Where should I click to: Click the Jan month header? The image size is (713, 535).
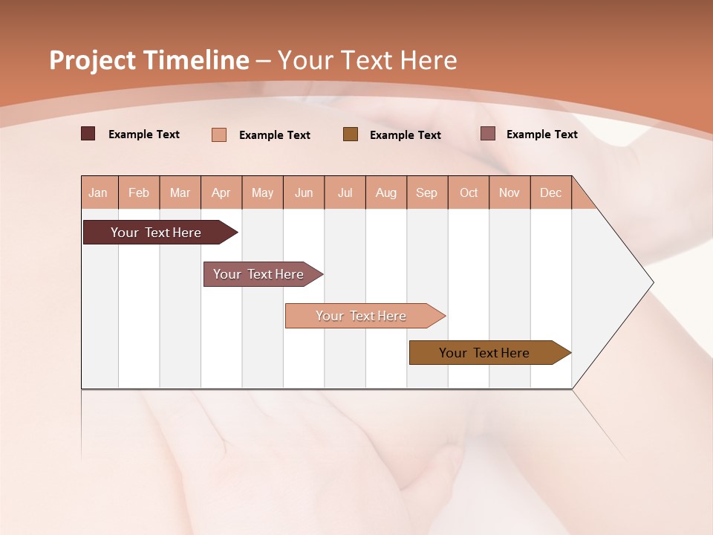point(98,192)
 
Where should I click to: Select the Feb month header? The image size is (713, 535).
point(139,192)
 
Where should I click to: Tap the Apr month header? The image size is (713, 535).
point(221,192)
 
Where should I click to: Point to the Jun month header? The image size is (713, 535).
point(304,192)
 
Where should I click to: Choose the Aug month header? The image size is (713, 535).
point(386,192)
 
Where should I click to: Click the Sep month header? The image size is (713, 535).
point(426,192)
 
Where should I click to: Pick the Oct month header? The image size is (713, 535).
point(469,192)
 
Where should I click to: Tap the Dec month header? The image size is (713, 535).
point(550,192)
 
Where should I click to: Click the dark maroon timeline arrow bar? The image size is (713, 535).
point(157,233)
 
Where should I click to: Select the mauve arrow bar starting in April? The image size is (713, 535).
point(259,274)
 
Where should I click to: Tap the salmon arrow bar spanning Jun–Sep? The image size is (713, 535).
point(362,316)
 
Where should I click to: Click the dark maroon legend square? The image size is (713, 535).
point(88,134)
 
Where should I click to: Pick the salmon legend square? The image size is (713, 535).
point(219,134)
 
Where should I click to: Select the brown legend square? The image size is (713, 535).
point(351,134)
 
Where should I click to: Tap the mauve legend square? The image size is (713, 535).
point(487,134)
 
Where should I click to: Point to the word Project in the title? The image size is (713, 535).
point(93,60)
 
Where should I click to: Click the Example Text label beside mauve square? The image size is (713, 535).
point(541,134)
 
